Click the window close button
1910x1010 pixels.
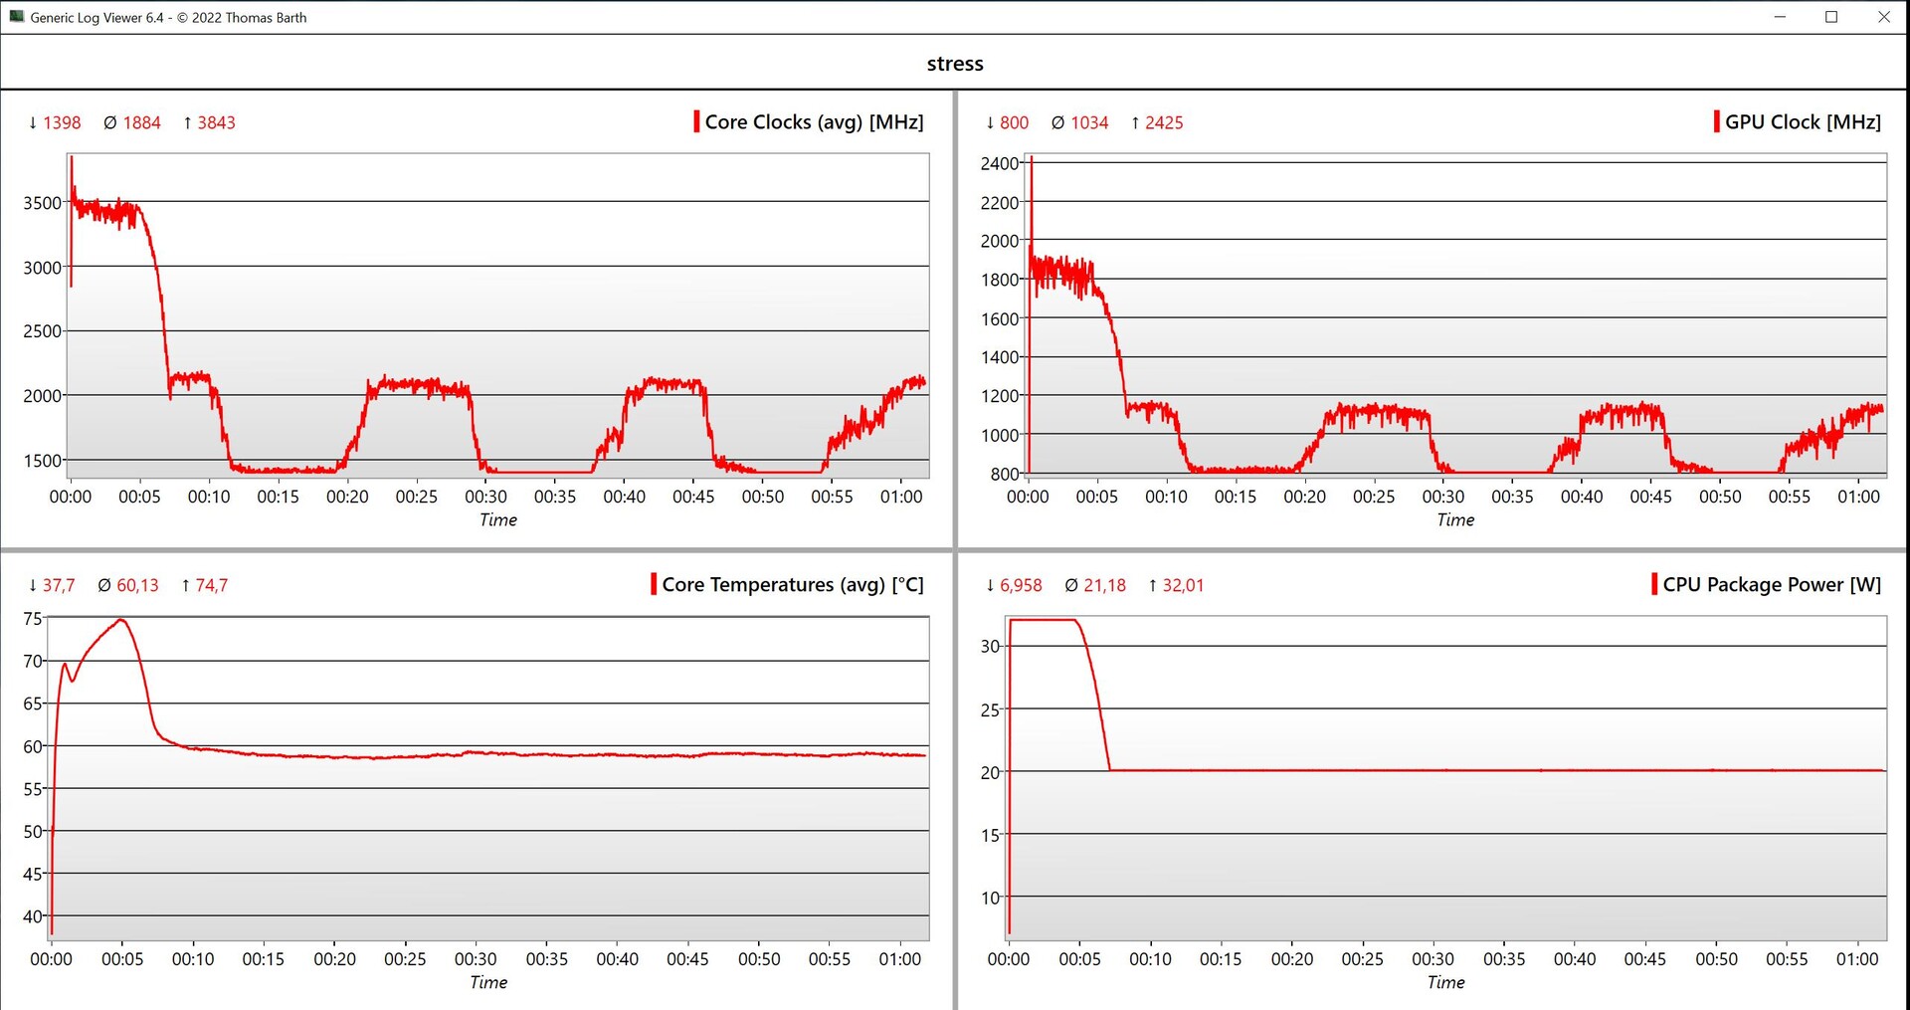pyautogui.click(x=1883, y=17)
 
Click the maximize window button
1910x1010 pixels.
pyautogui.click(x=1830, y=17)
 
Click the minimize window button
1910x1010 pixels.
pyautogui.click(x=1780, y=17)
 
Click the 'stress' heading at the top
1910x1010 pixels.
pyautogui.click(x=954, y=64)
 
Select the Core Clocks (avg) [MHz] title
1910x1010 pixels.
pyautogui.click(x=814, y=122)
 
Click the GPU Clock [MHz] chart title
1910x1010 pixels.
pyautogui.click(x=1802, y=122)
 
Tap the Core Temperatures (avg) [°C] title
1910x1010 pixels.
pyautogui.click(x=792, y=585)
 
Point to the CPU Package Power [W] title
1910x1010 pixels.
pyautogui.click(x=1771, y=585)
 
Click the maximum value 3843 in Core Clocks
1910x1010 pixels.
pyautogui.click(x=216, y=123)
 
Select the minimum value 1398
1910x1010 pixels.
pyautogui.click(x=62, y=123)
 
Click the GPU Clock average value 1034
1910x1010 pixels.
pyautogui.click(x=1089, y=123)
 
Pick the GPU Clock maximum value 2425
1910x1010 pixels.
pyautogui.click(x=1164, y=123)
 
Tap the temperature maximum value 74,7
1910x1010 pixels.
pyautogui.click(x=211, y=586)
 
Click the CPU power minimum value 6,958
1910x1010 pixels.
pyautogui.click(x=1021, y=586)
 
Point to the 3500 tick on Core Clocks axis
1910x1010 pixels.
pyautogui.click(x=43, y=203)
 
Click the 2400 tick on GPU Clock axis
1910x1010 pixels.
pyautogui.click(x=999, y=163)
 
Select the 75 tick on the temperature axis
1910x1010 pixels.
pyautogui.click(x=33, y=619)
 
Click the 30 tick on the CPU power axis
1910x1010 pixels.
pyautogui.click(x=990, y=647)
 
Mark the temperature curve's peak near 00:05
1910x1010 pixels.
pyautogui.click(x=121, y=620)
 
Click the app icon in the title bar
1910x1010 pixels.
pyautogui.click(x=16, y=17)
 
